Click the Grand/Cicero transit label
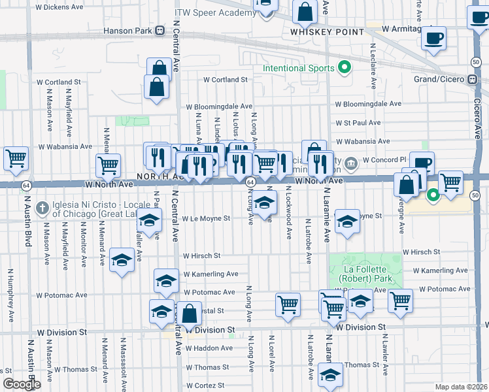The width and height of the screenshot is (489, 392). point(444,80)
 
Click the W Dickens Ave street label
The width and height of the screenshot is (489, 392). point(59,7)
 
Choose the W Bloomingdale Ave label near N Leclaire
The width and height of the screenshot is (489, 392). point(368,104)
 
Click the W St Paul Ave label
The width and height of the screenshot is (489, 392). point(358,123)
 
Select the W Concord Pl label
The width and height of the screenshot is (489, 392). point(384,159)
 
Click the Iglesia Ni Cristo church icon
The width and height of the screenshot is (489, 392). point(42,207)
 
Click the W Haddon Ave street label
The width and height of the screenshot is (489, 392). point(209,348)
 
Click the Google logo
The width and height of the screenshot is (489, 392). point(22,384)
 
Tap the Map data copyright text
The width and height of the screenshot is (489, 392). point(462,387)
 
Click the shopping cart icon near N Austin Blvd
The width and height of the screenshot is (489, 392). point(16,158)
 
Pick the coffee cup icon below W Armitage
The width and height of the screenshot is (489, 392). point(433,38)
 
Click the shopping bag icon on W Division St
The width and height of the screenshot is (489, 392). point(189,314)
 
